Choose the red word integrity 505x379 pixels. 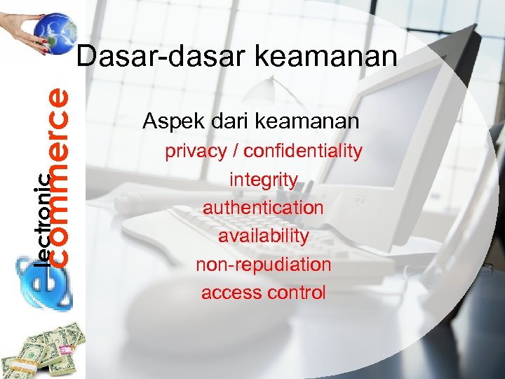point(263,180)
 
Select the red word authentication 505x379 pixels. point(263,208)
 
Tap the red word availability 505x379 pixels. point(263,237)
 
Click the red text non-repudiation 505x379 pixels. point(263,265)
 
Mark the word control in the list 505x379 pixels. point(297,293)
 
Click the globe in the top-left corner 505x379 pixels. point(55,32)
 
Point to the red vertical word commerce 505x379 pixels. point(61,175)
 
